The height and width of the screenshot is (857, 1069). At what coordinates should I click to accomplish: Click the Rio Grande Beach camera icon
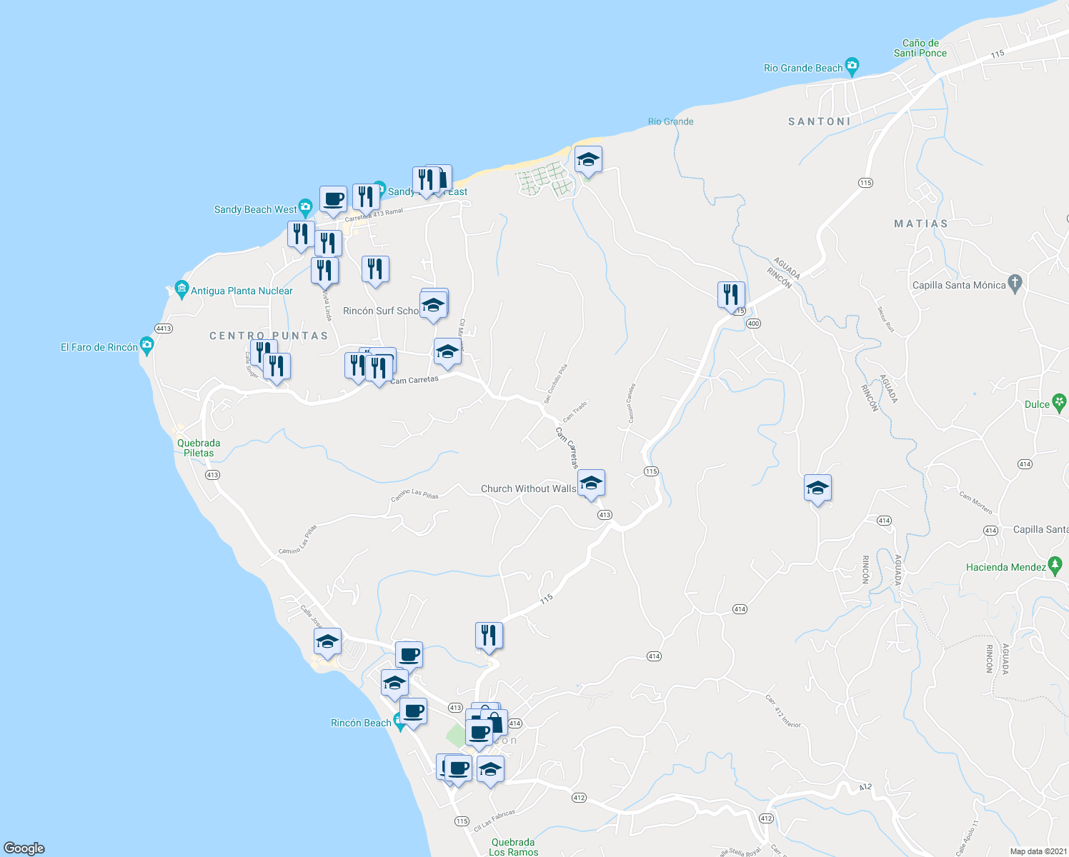[x=851, y=67]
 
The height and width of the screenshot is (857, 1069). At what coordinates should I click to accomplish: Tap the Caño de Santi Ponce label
[x=920, y=48]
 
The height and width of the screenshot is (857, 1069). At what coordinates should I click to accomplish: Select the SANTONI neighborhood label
[x=819, y=121]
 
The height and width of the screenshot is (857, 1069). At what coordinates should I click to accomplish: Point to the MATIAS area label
[x=921, y=224]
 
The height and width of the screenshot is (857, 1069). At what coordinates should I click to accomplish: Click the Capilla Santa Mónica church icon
[x=1015, y=284]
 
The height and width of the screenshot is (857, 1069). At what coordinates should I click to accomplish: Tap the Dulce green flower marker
[x=1059, y=403]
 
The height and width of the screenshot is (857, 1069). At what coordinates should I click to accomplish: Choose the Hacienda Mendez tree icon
[x=1055, y=566]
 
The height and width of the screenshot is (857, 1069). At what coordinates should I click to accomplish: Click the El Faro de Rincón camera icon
[x=147, y=346]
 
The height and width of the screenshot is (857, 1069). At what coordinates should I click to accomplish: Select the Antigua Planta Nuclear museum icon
[x=182, y=290]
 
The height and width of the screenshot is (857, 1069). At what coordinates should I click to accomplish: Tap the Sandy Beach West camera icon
[x=305, y=209]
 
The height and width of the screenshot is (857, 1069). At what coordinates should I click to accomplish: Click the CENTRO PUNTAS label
[x=269, y=336]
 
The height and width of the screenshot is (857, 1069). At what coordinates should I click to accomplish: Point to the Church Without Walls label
[x=528, y=488]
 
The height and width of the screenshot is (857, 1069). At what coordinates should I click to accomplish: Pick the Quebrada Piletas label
[x=199, y=448]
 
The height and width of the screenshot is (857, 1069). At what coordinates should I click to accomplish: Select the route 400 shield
[x=753, y=324]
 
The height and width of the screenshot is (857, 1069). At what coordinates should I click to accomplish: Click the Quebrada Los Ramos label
[x=513, y=847]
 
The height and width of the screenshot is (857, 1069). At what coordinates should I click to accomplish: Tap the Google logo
[x=24, y=848]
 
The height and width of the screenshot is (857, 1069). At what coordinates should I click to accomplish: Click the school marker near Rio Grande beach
[x=588, y=160]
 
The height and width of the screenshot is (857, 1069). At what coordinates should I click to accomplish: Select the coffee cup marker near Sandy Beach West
[x=333, y=199]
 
